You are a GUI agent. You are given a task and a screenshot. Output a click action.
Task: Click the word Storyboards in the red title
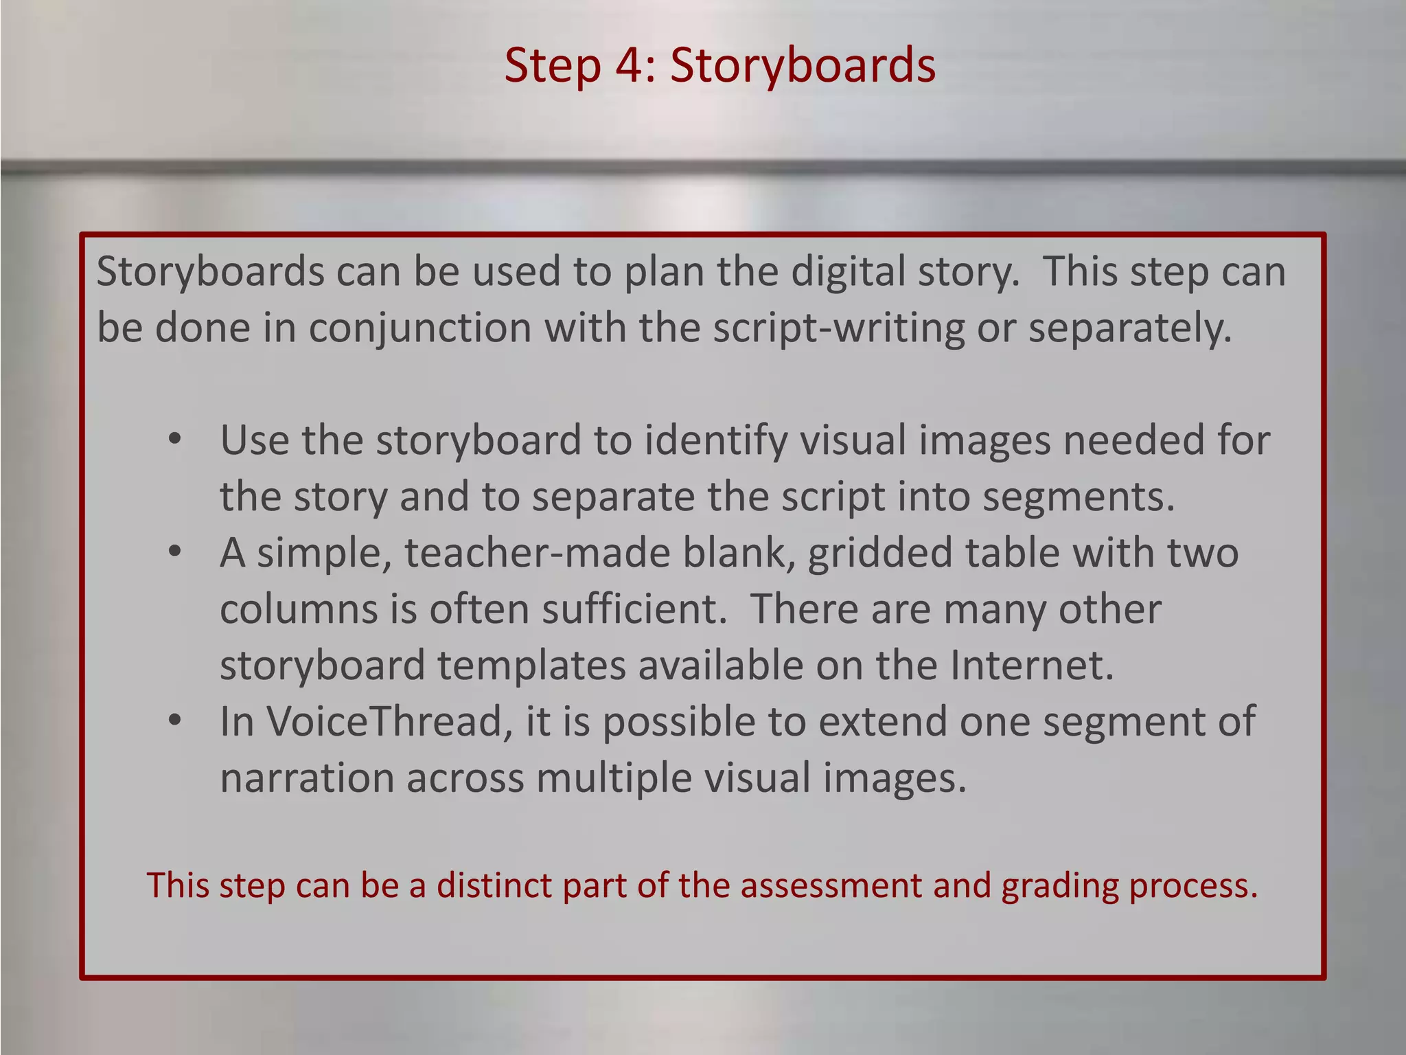click(803, 66)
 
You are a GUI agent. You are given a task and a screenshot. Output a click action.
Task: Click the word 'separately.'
click(1130, 328)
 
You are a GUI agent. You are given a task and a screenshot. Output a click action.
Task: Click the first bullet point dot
click(174, 440)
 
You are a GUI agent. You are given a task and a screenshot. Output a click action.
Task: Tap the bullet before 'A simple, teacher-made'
click(174, 552)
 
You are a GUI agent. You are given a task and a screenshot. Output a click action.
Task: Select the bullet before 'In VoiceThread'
click(174, 721)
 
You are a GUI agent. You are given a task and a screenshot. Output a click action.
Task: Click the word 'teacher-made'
click(537, 553)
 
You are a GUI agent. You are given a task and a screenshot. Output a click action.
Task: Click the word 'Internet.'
click(1032, 666)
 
